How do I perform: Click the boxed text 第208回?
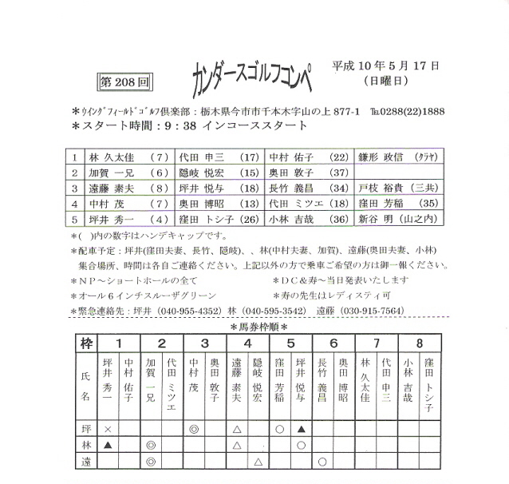point(122,81)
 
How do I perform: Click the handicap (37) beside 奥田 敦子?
point(338,173)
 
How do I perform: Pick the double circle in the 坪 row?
point(193,429)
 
